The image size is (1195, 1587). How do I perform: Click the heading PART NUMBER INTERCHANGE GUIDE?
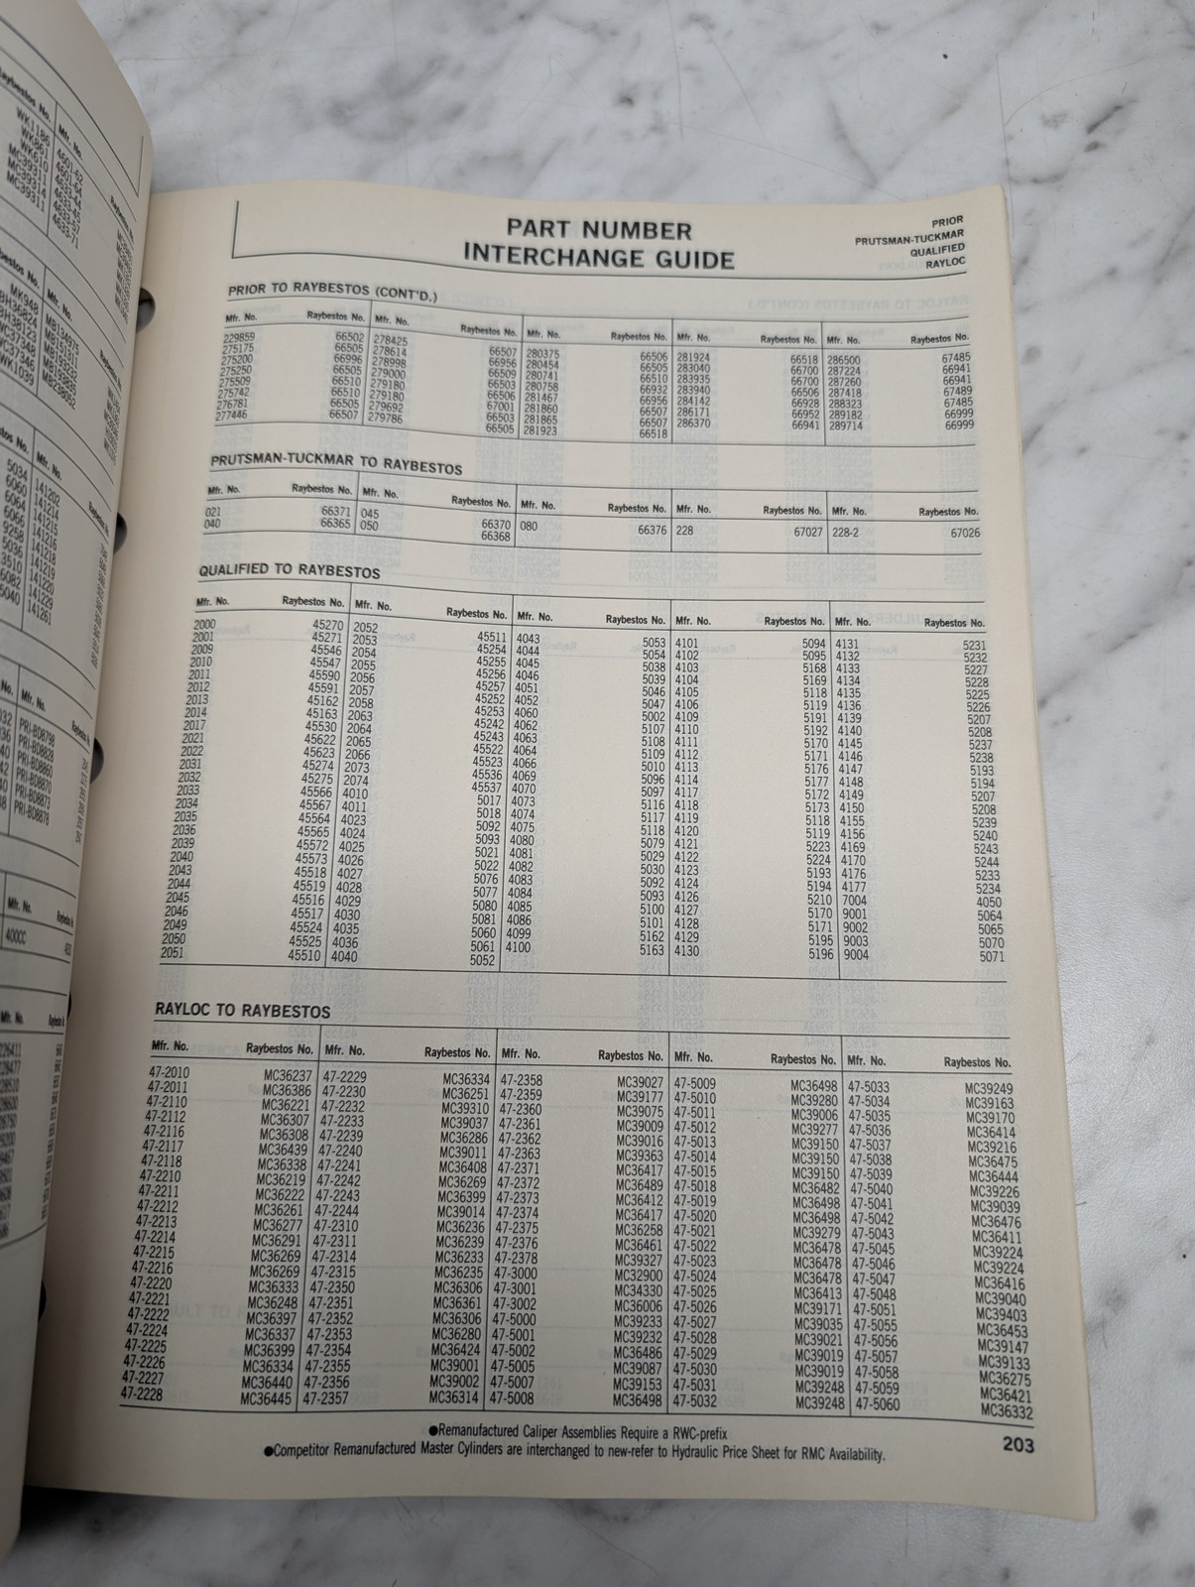click(x=598, y=245)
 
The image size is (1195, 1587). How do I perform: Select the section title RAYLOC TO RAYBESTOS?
click(x=243, y=1011)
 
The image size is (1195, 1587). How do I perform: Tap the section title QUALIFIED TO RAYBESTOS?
click(x=289, y=572)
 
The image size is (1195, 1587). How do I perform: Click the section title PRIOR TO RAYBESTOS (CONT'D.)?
click(x=333, y=293)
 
